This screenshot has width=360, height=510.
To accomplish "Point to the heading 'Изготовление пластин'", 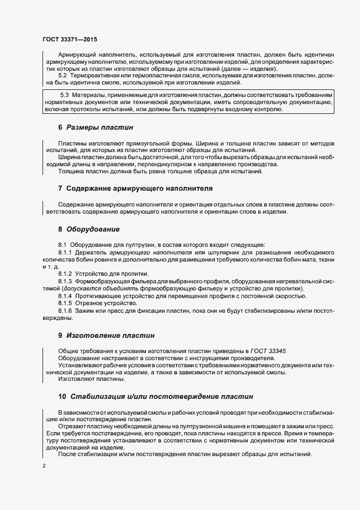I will click(x=111, y=335).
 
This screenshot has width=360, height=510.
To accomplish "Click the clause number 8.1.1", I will click(x=66, y=253).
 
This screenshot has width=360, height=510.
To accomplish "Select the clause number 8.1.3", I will click(x=66, y=281).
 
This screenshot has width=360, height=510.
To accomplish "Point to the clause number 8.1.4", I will click(x=66, y=295).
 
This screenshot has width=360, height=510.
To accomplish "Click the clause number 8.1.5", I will click(x=66, y=302).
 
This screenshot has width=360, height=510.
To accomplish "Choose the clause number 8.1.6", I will click(x=66, y=310).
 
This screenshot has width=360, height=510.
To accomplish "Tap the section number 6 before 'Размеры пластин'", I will click(x=60, y=127).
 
